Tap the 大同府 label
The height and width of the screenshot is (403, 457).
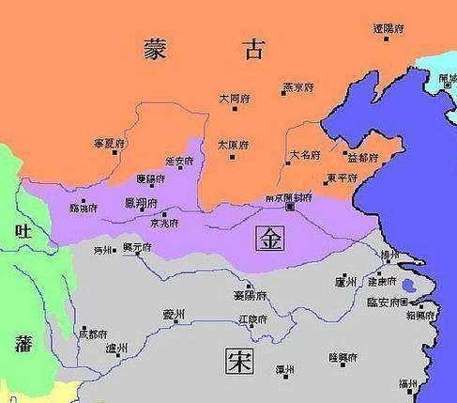coord(233,97)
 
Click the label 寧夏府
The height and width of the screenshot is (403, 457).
coord(109,143)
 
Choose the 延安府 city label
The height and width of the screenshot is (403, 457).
coord(178,161)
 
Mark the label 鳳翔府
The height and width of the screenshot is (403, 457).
coord(138,201)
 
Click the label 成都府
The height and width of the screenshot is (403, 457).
coord(93,333)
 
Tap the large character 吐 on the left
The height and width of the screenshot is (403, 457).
coord(21,232)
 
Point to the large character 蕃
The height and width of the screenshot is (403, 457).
coord(21,344)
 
